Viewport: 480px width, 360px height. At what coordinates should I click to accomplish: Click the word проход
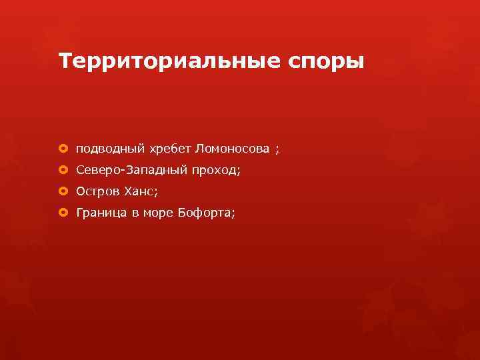tap(214, 171)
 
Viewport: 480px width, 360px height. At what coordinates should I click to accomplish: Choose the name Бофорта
tap(205, 213)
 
